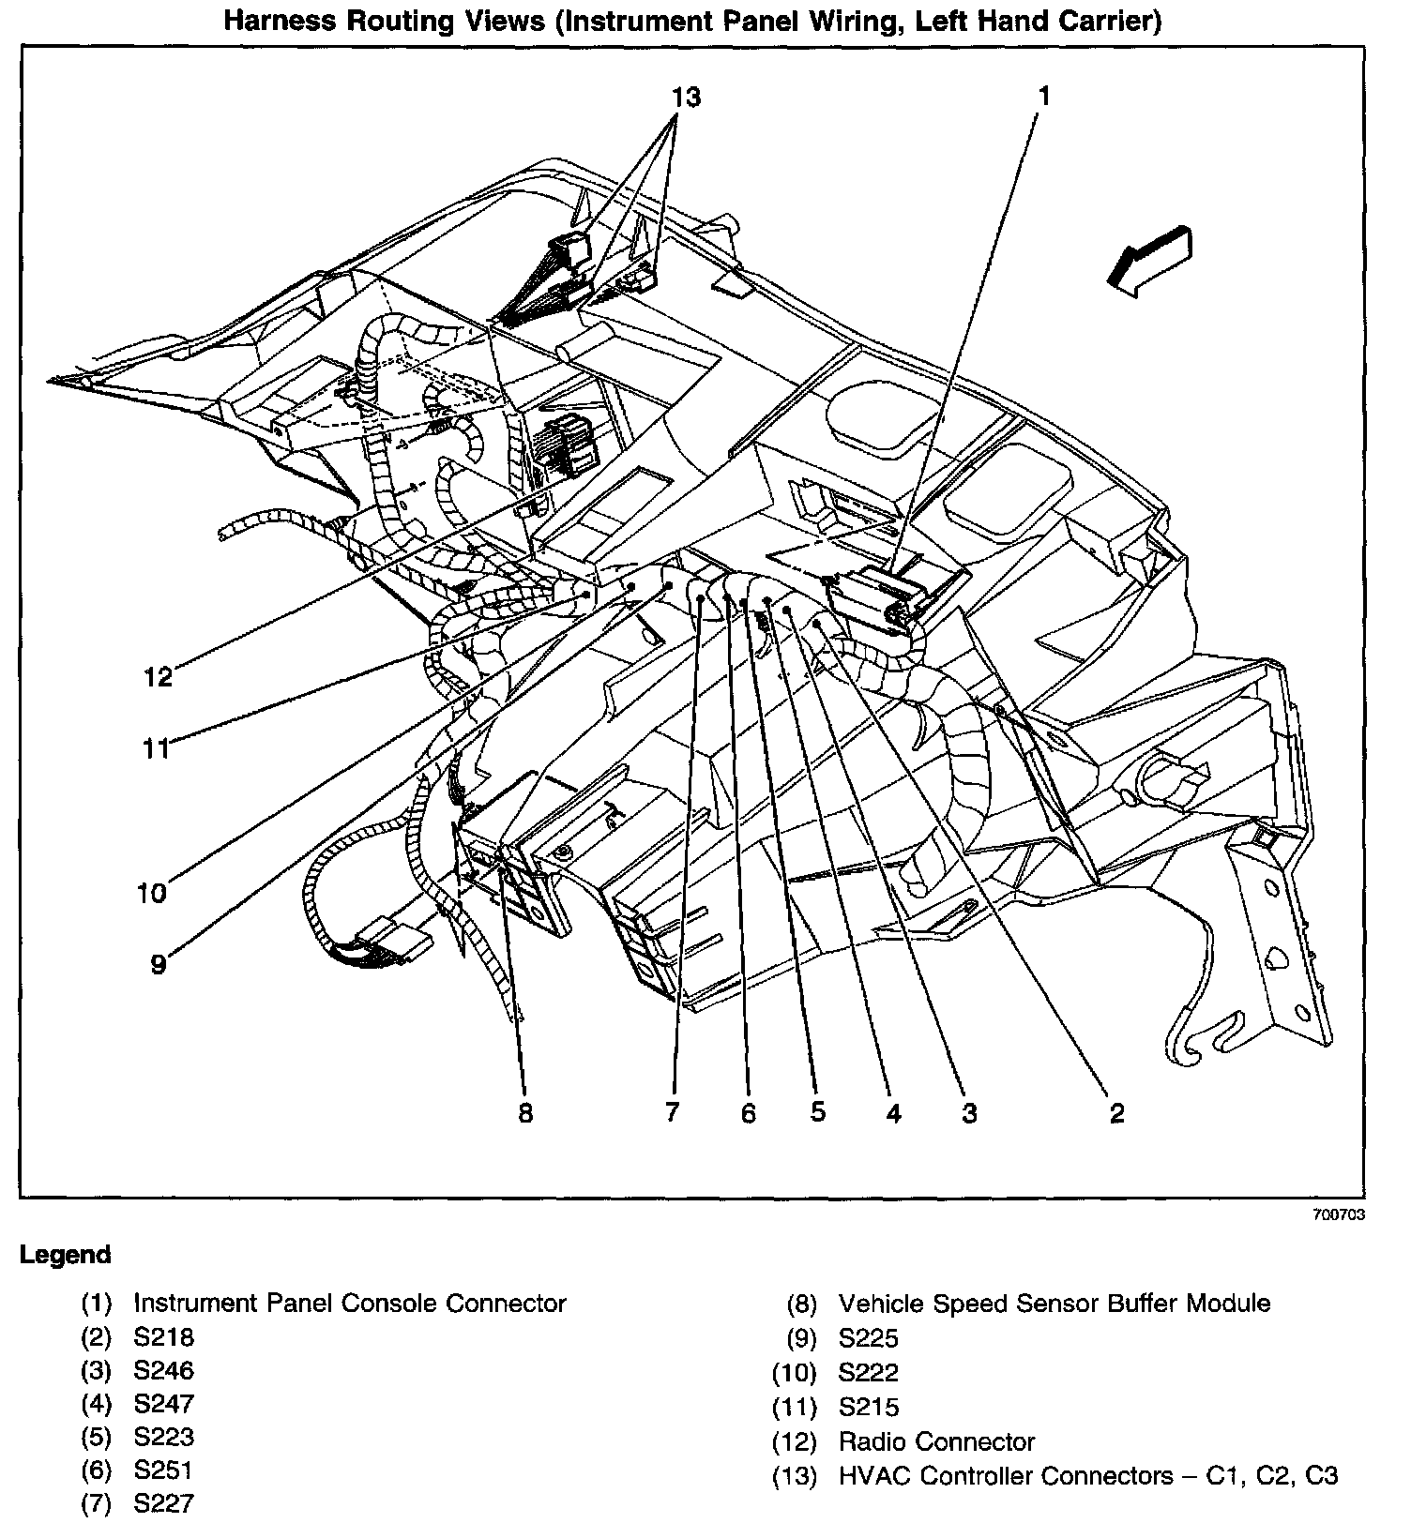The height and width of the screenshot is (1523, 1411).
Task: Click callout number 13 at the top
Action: tap(687, 97)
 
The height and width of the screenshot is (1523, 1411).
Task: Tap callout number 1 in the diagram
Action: tap(1043, 95)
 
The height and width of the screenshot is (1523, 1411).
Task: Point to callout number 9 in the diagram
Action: tap(159, 963)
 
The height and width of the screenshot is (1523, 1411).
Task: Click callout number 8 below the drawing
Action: tap(525, 1112)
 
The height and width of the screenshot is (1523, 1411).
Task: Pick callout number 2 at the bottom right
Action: tap(1116, 1112)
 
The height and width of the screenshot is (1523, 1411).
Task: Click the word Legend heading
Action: tap(66, 1255)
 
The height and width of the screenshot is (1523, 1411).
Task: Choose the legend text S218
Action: tap(163, 1337)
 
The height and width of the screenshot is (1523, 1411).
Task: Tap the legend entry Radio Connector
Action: tap(936, 1441)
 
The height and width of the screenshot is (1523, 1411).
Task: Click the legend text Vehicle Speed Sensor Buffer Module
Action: tap(1054, 1304)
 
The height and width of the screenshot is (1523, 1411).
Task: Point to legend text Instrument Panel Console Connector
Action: tap(350, 1304)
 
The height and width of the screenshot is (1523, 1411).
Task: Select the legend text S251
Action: tap(163, 1470)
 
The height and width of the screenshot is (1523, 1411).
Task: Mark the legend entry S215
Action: tap(868, 1407)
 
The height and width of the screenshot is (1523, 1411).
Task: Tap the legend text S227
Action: tap(163, 1503)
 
